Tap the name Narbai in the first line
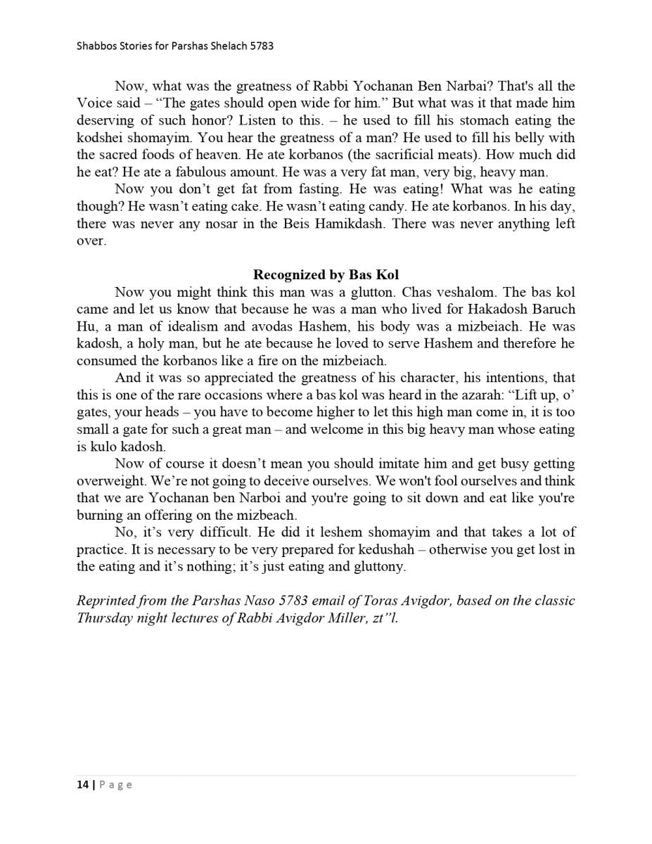(469, 87)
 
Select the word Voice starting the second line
(94, 103)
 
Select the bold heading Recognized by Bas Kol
(326, 275)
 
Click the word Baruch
(549, 309)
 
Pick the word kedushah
(392, 549)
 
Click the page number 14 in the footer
(82, 785)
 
